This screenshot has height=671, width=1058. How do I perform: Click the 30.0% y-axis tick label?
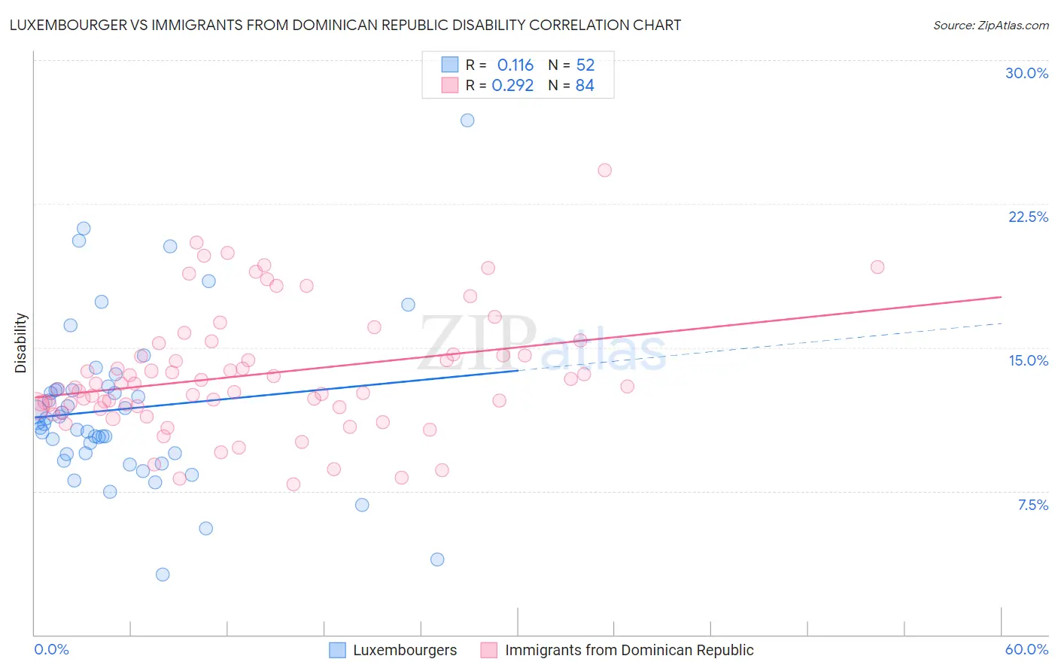(x=1026, y=73)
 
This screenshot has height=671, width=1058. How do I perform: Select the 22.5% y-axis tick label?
(x=1028, y=217)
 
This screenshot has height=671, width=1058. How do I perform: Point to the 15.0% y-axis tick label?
(x=1028, y=360)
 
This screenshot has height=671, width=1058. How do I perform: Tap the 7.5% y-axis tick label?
(x=1032, y=505)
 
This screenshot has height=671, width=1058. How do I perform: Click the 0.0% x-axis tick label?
(x=51, y=649)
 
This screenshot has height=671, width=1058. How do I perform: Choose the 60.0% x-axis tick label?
(x=1026, y=649)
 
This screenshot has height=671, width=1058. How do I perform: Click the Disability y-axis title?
(x=21, y=343)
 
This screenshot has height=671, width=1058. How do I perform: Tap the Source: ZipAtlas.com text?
(x=990, y=25)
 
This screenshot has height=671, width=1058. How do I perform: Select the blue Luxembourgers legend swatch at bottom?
(x=338, y=650)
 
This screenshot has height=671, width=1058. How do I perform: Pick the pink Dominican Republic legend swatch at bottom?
(x=489, y=650)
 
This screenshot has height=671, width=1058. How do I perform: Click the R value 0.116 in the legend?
(x=515, y=65)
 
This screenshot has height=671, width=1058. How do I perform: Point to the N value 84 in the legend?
(x=585, y=85)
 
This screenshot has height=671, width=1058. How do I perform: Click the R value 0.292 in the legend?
(x=512, y=85)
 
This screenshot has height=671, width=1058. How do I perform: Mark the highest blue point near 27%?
(x=467, y=120)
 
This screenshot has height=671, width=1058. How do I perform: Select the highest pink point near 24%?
(x=604, y=170)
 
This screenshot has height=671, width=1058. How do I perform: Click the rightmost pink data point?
(x=877, y=267)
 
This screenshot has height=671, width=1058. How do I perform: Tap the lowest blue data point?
(x=163, y=575)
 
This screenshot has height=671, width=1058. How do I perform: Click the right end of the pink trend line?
(x=1001, y=297)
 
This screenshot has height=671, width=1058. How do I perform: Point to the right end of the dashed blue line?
(x=1001, y=323)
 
